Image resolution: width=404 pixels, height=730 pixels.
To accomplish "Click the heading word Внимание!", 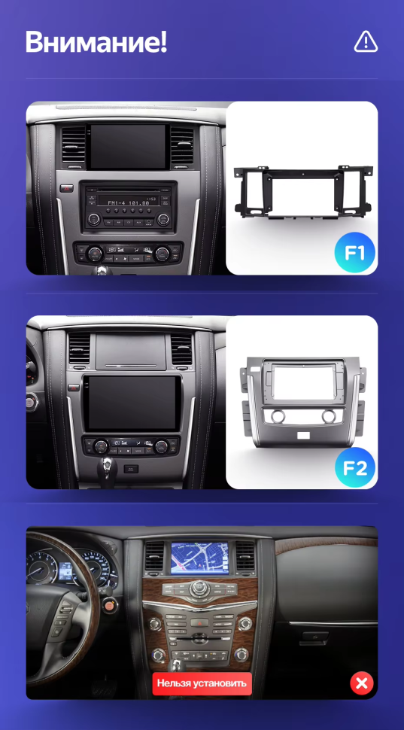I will pyautogui.click(x=96, y=42).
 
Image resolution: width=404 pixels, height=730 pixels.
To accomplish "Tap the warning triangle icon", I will pyautogui.click(x=366, y=42).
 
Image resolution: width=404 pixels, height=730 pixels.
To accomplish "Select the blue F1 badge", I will pyautogui.click(x=354, y=253).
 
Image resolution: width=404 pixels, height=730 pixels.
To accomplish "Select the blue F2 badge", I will pyautogui.click(x=354, y=468).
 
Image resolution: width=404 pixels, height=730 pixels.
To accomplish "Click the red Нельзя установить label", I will pyautogui.click(x=201, y=683).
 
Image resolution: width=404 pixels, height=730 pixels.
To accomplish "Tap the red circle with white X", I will pyautogui.click(x=361, y=683).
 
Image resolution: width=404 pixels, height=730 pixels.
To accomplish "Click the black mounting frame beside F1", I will pyautogui.click(x=302, y=193).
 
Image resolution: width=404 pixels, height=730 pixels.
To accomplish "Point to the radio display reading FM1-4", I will pyautogui.click(x=129, y=202).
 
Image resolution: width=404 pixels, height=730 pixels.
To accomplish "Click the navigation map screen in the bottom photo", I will pyautogui.click(x=201, y=558).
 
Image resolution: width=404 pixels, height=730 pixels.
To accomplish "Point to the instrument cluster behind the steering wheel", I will pyautogui.click(x=71, y=572).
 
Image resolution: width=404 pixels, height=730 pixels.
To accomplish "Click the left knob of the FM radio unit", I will pyautogui.click(x=94, y=219).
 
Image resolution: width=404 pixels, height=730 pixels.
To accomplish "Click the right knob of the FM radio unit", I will pyautogui.click(x=163, y=219).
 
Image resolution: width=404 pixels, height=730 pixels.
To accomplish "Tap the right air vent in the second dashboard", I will pyautogui.click(x=181, y=349).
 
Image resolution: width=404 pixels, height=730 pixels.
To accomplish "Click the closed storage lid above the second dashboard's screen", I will pyautogui.click(x=129, y=351).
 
